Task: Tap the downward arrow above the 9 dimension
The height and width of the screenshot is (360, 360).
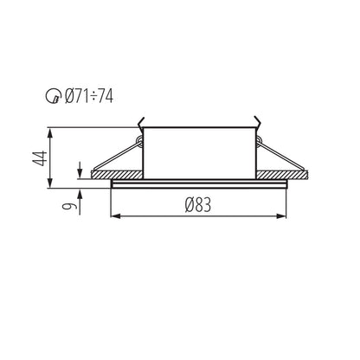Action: coord(80,166)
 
